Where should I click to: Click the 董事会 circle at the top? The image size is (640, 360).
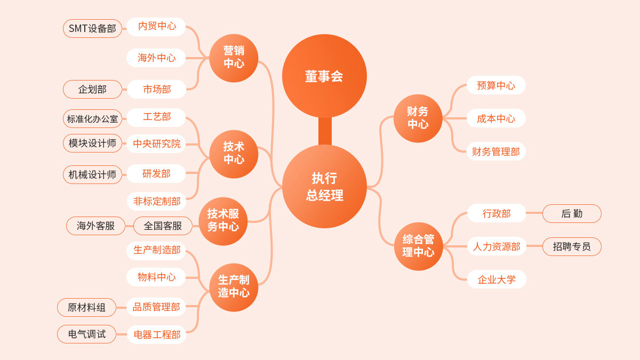pyautogui.click(x=324, y=76)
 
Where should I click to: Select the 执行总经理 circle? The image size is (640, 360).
pyautogui.click(x=324, y=186)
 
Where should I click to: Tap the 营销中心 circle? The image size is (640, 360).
pyautogui.click(x=234, y=58)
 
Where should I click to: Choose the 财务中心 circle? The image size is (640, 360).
pyautogui.click(x=418, y=118)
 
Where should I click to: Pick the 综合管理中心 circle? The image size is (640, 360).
pyautogui.click(x=418, y=246)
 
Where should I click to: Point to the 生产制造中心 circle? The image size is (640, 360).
pyautogui.click(x=234, y=287)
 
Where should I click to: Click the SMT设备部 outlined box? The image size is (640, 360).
pyautogui.click(x=92, y=28)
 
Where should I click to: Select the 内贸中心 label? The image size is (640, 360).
pyautogui.click(x=156, y=26)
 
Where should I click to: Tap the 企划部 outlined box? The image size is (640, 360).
pyautogui.click(x=92, y=89)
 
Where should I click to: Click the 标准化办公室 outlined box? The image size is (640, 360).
pyautogui.click(x=92, y=118)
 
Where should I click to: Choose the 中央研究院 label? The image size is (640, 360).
pyautogui.click(x=156, y=143)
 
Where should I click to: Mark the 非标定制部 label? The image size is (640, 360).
pyautogui.click(x=156, y=201)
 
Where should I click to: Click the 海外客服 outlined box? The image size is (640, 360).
pyautogui.click(x=95, y=226)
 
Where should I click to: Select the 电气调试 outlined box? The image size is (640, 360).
pyautogui.click(x=86, y=334)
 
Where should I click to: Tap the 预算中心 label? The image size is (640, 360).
pyautogui.click(x=496, y=85)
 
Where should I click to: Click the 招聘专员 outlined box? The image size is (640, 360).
pyautogui.click(x=572, y=246)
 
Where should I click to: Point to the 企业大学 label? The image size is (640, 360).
pyautogui.click(x=497, y=279)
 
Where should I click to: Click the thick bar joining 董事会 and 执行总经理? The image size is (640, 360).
pyautogui.click(x=325, y=131)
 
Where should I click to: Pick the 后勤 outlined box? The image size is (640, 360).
pyautogui.click(x=572, y=213)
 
